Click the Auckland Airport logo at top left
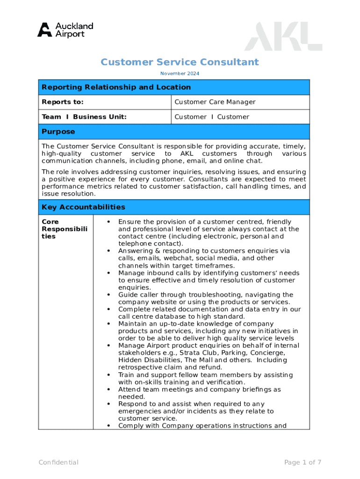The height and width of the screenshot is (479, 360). point(65,29)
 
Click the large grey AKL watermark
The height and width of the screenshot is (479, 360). point(283,38)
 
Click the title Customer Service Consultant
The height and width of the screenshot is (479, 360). point(180,62)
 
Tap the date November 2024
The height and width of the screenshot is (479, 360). point(180,73)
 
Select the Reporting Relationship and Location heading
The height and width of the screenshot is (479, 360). point(116,87)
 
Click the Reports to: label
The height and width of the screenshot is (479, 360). point(63,102)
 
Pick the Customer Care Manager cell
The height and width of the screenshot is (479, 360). point(215,102)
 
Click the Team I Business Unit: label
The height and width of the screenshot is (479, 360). point(84,117)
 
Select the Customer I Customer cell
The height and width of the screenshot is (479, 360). point(211,117)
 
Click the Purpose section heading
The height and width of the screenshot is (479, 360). point(58,132)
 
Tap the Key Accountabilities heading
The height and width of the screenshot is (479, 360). point(83,207)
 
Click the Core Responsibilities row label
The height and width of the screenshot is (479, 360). point(55,229)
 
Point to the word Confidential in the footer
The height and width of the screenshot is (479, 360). point(58,463)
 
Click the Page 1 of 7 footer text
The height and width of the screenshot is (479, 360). point(302,463)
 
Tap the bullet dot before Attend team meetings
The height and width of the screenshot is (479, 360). point(108,390)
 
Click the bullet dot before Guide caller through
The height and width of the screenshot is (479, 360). point(108,295)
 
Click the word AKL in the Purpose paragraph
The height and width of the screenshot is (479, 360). point(187,154)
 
